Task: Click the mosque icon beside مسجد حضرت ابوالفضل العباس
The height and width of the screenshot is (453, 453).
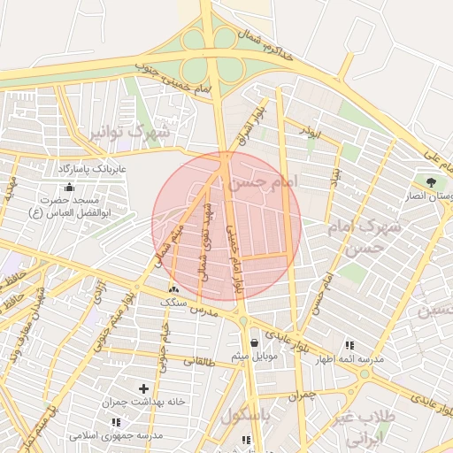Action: point(70,187)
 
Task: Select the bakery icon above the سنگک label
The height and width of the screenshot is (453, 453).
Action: point(173,289)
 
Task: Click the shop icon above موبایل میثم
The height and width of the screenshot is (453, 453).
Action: point(255,342)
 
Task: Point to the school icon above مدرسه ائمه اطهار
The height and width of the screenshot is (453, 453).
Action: point(349,344)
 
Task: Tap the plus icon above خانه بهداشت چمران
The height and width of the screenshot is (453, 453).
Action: point(144,388)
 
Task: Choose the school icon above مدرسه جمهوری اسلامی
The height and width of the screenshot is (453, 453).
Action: point(116,422)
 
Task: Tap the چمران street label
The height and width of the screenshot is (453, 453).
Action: point(302,395)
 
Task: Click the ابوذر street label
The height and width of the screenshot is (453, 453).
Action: point(310,133)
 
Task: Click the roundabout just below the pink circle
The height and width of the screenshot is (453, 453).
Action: point(242,319)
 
